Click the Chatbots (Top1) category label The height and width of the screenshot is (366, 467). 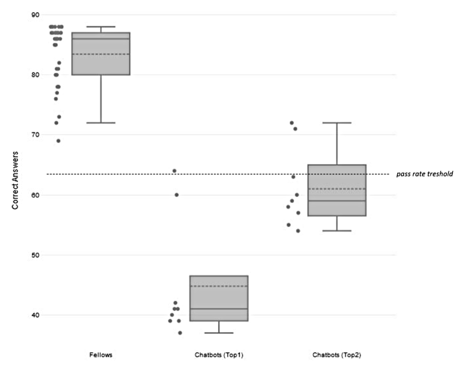219,355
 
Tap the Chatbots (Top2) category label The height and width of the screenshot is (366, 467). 337,355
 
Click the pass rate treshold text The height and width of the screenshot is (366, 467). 425,174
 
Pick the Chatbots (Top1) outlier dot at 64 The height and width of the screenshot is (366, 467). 174,171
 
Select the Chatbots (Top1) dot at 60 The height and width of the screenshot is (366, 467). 176,195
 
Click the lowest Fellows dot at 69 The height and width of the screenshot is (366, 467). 58,141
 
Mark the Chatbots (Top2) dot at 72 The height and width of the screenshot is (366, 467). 291,123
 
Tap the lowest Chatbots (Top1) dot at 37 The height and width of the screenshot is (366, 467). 180,333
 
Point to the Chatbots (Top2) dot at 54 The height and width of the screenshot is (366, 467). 298,231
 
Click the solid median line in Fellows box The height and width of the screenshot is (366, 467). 101,39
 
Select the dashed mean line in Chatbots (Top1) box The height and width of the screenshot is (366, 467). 219,286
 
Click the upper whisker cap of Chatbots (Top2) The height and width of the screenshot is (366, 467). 337,123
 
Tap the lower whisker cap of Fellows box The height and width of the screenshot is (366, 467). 101,123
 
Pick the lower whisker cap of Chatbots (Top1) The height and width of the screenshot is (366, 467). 219,333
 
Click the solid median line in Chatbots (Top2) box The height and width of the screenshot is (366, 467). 337,201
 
